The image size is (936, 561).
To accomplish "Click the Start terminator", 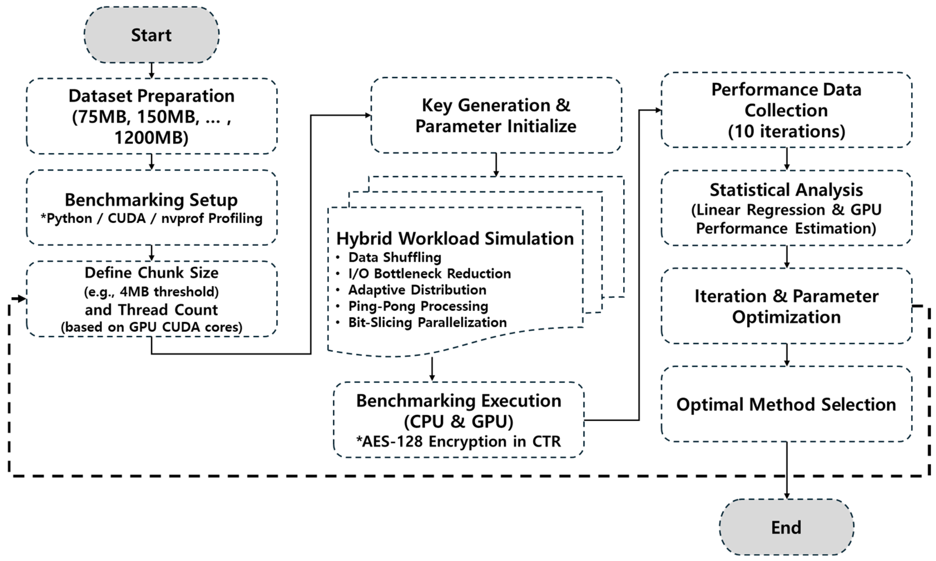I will [x=151, y=35].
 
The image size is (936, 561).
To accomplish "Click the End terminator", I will [x=786, y=527].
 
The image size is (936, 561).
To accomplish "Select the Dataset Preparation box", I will [x=151, y=116].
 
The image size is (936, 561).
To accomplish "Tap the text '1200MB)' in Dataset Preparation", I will [x=151, y=138].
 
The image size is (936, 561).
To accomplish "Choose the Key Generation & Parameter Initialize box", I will [x=496, y=115].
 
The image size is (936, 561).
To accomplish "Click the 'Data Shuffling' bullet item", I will [x=395, y=257].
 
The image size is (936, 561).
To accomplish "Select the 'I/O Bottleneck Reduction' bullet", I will [x=429, y=273].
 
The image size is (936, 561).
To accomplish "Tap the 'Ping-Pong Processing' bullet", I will [x=418, y=306].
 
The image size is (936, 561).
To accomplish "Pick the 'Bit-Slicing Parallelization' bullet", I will [x=427, y=323].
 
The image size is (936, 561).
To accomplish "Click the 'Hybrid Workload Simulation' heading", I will [x=455, y=238].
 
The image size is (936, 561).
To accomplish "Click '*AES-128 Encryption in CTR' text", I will [x=458, y=441].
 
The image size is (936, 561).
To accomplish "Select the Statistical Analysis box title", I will [x=786, y=190].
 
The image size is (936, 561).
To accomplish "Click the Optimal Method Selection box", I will [x=786, y=404].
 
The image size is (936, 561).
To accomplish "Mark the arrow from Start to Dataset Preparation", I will [x=151, y=71].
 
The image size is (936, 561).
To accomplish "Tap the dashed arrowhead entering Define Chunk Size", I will [x=19, y=299].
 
